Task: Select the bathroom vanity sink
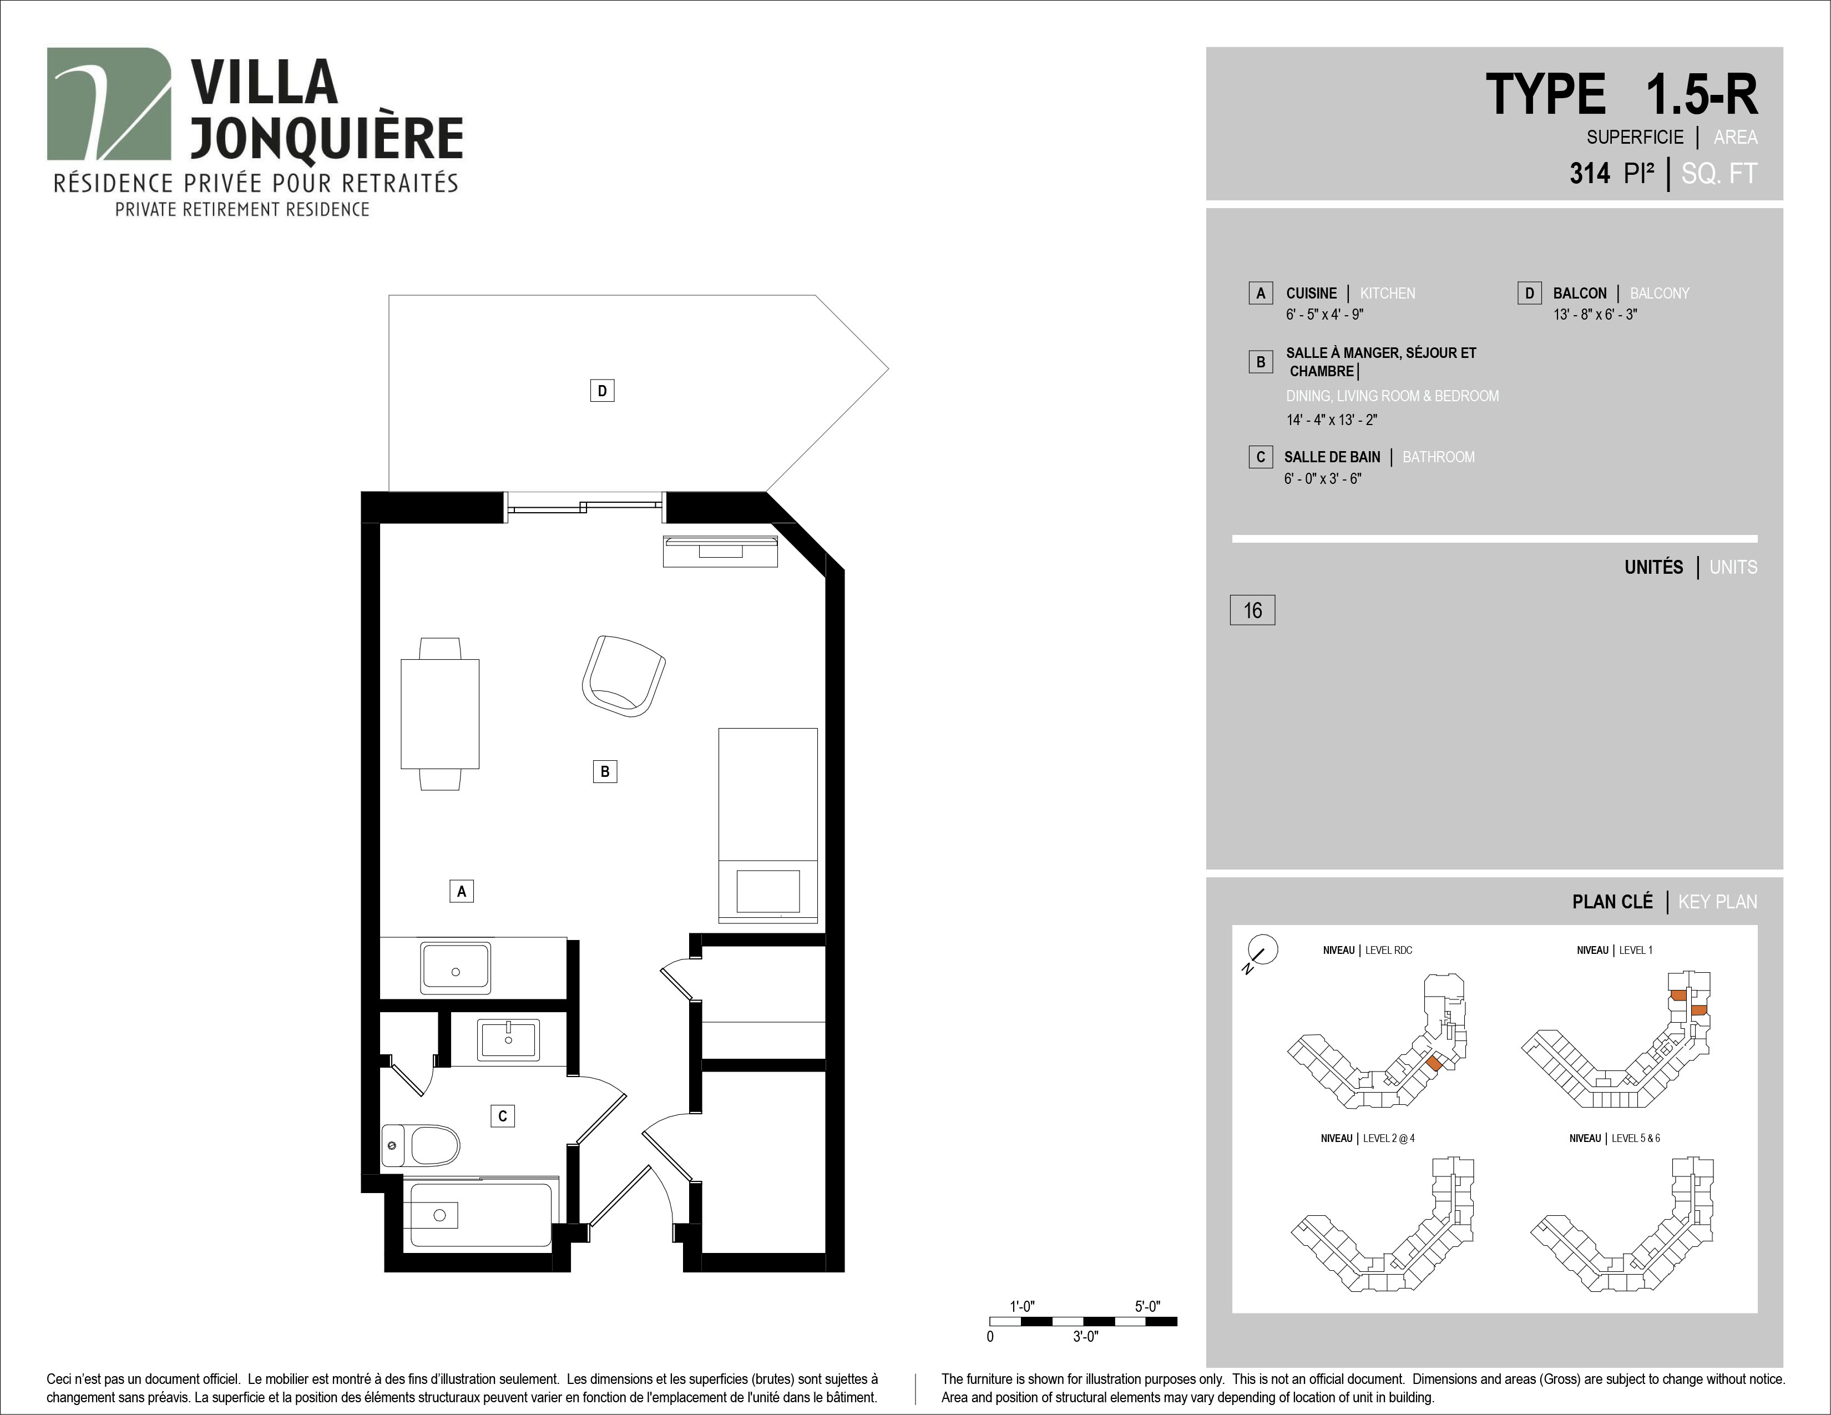point(509,1040)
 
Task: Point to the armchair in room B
point(623,676)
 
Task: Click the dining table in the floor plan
point(440,714)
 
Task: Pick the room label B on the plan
point(604,771)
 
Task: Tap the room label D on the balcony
point(602,391)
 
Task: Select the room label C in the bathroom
point(502,1116)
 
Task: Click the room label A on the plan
point(461,891)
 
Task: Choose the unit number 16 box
point(1252,610)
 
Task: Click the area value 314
point(1590,174)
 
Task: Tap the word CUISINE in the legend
point(1311,294)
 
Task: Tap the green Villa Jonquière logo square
point(109,103)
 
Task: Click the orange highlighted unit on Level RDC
point(1434,1063)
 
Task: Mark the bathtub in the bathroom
point(478,1214)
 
